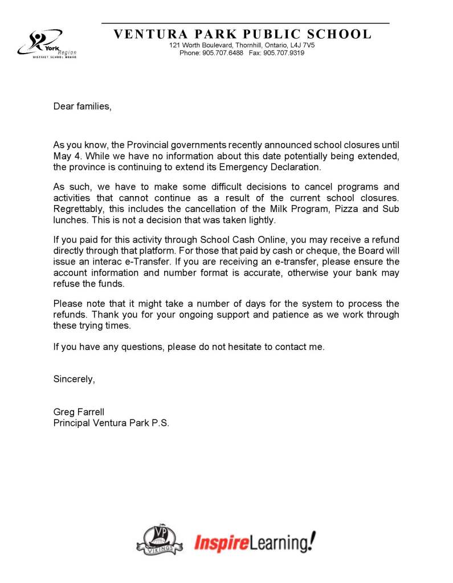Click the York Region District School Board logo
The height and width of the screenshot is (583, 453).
(46, 44)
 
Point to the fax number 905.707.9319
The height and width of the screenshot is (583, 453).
(284, 53)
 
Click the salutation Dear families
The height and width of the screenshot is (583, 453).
(82, 106)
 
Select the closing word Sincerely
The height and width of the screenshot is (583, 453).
(74, 379)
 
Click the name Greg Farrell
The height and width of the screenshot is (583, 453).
(79, 412)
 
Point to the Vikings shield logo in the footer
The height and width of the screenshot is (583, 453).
(156, 540)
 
